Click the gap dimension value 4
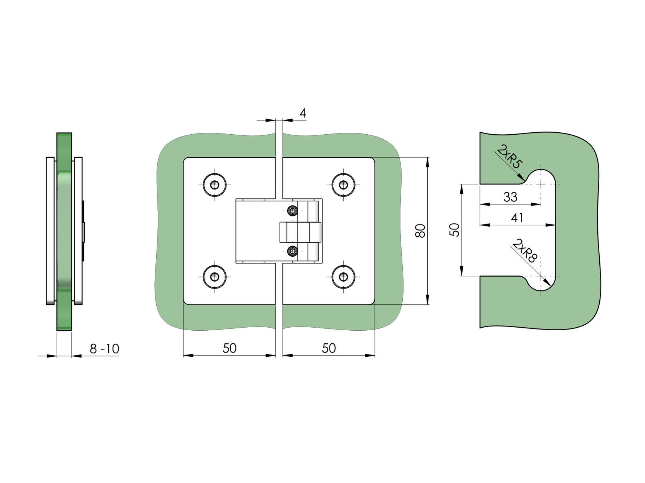(303, 113)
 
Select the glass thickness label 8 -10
(104, 349)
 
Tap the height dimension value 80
(421, 231)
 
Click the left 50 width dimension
(230, 348)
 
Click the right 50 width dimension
(329, 348)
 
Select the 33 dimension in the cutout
(510, 197)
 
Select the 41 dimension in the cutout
(517, 218)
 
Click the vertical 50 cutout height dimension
(455, 230)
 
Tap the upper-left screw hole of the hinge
(215, 185)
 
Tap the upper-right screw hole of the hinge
(343, 185)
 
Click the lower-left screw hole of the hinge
(215, 277)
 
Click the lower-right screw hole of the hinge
(343, 277)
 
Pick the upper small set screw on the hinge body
(293, 210)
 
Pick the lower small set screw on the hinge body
(293, 251)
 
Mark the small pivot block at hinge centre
(299, 232)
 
